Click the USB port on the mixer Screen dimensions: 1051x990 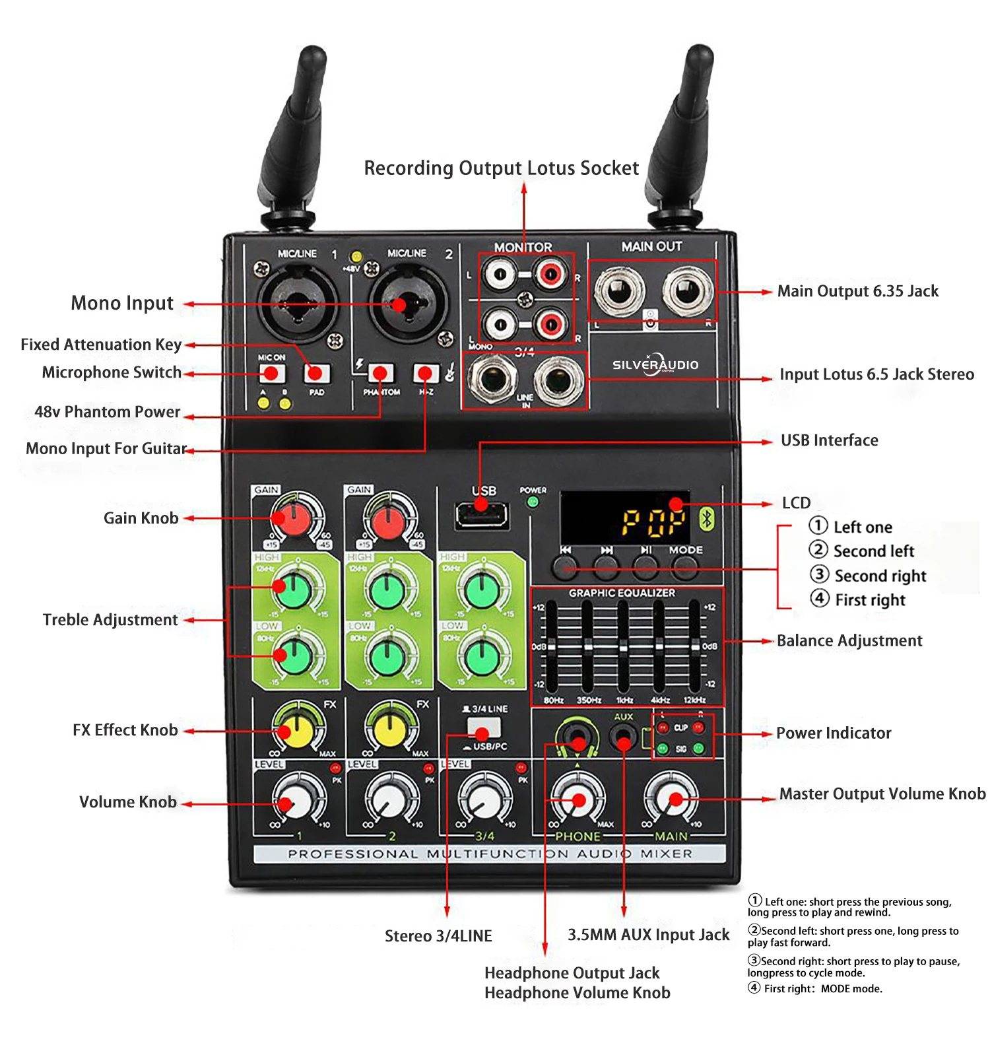pyautogui.click(x=481, y=514)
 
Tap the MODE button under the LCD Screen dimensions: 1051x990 pyautogui.click(x=685, y=566)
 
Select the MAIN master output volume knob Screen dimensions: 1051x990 pyautogui.click(x=671, y=799)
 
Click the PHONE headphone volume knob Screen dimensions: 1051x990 pyautogui.click(x=578, y=799)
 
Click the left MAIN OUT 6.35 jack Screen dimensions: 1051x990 pyautogui.click(x=619, y=291)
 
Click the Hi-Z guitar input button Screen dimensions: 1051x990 pyautogui.click(x=426, y=374)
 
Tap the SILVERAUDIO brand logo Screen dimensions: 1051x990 pyautogui.click(x=655, y=364)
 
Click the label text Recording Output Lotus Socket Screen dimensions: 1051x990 pyautogui.click(x=502, y=168)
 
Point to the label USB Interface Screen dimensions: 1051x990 pyautogui.click(x=829, y=440)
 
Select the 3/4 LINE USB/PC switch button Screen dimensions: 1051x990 pyautogui.click(x=484, y=729)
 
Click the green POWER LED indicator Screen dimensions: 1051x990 pyautogui.click(x=533, y=502)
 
